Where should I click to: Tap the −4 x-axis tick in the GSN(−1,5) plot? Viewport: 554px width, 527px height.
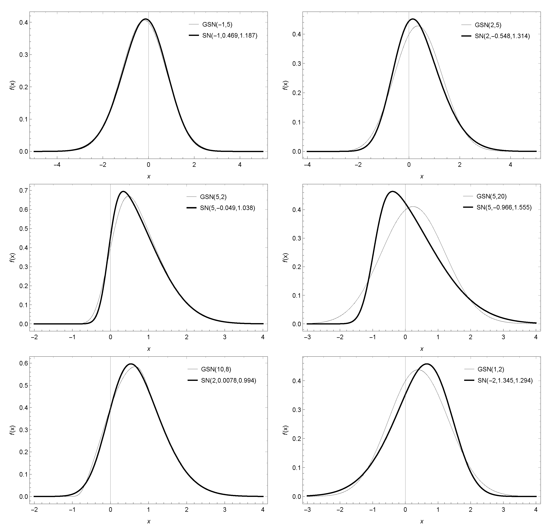coord(57,165)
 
